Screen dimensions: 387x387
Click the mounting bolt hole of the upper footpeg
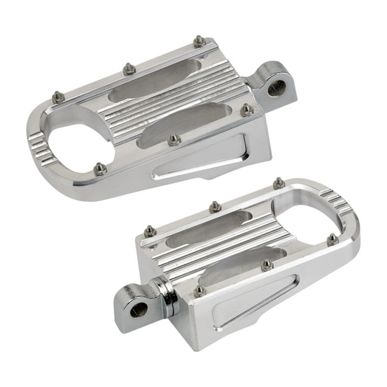(276, 88)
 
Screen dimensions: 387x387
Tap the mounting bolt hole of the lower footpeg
(139, 310)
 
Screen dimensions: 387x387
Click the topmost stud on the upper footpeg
(199, 41)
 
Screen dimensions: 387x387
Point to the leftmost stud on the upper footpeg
(58, 97)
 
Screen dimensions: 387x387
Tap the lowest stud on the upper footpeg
(100, 169)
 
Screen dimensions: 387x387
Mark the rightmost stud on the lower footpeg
(332, 239)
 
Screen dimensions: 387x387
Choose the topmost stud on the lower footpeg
(279, 183)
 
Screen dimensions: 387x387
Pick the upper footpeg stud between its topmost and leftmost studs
(129, 69)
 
